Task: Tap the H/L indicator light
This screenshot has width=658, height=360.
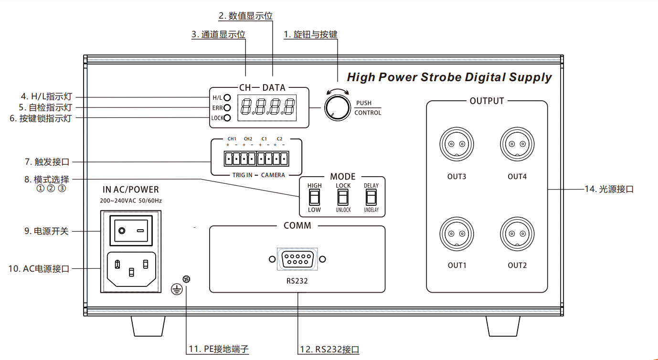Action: pos(227,98)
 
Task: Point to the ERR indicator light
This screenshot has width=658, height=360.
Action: pos(227,108)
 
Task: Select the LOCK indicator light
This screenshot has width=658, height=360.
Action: pos(227,118)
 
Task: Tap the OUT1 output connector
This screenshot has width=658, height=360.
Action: pos(456,233)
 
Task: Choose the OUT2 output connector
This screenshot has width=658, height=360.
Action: pos(517,233)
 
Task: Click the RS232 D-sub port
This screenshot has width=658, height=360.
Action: pos(297,259)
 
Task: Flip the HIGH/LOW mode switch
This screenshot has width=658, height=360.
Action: pos(314,197)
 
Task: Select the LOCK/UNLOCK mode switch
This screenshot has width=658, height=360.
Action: pos(343,197)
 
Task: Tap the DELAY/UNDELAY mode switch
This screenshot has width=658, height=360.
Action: pos(371,197)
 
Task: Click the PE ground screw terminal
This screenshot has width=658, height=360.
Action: pos(187,279)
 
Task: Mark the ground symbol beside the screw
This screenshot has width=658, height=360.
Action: pos(177,288)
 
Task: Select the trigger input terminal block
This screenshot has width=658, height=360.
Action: pos(256,158)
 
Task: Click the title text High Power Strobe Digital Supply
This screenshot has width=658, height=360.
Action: pos(449,77)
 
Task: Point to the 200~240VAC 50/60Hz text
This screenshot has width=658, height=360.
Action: pos(130,201)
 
